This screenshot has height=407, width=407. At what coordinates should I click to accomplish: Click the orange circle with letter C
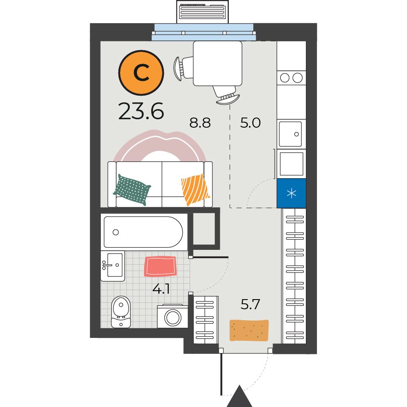(141, 72)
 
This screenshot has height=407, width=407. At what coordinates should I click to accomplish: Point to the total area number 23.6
(141, 111)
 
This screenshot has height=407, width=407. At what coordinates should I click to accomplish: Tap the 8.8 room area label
(200, 123)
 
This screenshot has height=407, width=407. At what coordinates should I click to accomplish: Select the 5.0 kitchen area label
(250, 123)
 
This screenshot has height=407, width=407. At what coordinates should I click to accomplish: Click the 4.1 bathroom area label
(161, 288)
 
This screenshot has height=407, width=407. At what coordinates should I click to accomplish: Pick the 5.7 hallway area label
(250, 304)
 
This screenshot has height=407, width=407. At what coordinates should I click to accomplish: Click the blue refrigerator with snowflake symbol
(292, 193)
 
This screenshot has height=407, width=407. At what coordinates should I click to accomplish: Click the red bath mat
(161, 267)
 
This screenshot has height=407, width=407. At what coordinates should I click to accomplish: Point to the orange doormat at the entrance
(249, 330)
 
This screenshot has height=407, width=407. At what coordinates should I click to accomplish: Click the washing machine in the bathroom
(173, 316)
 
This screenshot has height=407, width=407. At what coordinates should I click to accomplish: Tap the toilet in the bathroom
(120, 312)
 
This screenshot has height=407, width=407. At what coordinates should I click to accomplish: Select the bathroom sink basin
(112, 266)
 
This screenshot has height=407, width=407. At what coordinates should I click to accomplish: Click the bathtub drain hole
(116, 232)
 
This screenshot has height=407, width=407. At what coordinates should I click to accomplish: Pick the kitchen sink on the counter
(290, 134)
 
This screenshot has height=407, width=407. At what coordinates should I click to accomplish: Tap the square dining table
(218, 63)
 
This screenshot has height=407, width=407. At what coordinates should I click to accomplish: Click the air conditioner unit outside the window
(203, 12)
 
